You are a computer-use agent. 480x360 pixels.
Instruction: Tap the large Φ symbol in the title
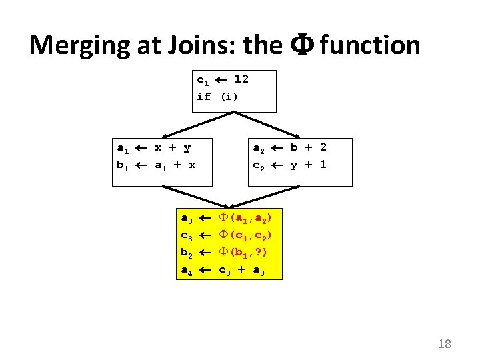coord(298,45)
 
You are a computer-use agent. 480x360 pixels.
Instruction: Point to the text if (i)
coord(217,96)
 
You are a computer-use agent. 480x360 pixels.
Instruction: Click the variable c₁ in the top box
coord(203,80)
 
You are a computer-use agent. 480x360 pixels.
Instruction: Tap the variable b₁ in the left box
coord(123,164)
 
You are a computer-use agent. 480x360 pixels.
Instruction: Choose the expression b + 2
coord(308,147)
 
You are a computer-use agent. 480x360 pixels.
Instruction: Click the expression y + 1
coord(308,164)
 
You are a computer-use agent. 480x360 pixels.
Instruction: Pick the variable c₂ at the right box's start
coord(259,164)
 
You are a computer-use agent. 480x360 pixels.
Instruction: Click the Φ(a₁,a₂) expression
coord(247,218)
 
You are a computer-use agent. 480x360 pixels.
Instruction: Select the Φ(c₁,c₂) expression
coord(247,235)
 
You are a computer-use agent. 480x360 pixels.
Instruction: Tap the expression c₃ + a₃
coord(241,270)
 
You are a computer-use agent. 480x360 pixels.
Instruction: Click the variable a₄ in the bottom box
coord(187,270)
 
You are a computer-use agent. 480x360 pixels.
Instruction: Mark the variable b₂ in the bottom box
coord(187,253)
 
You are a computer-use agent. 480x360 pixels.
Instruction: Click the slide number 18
coord(445,344)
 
